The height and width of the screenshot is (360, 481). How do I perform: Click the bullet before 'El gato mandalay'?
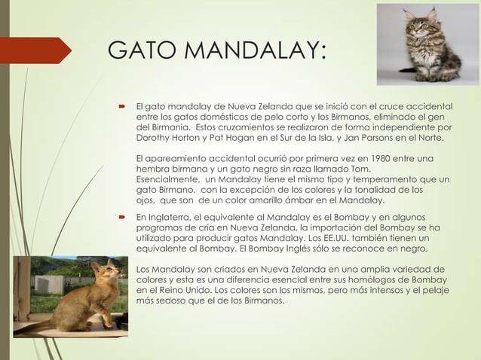pos(120,106)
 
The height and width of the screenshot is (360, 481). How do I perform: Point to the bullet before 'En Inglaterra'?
pos(120,217)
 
